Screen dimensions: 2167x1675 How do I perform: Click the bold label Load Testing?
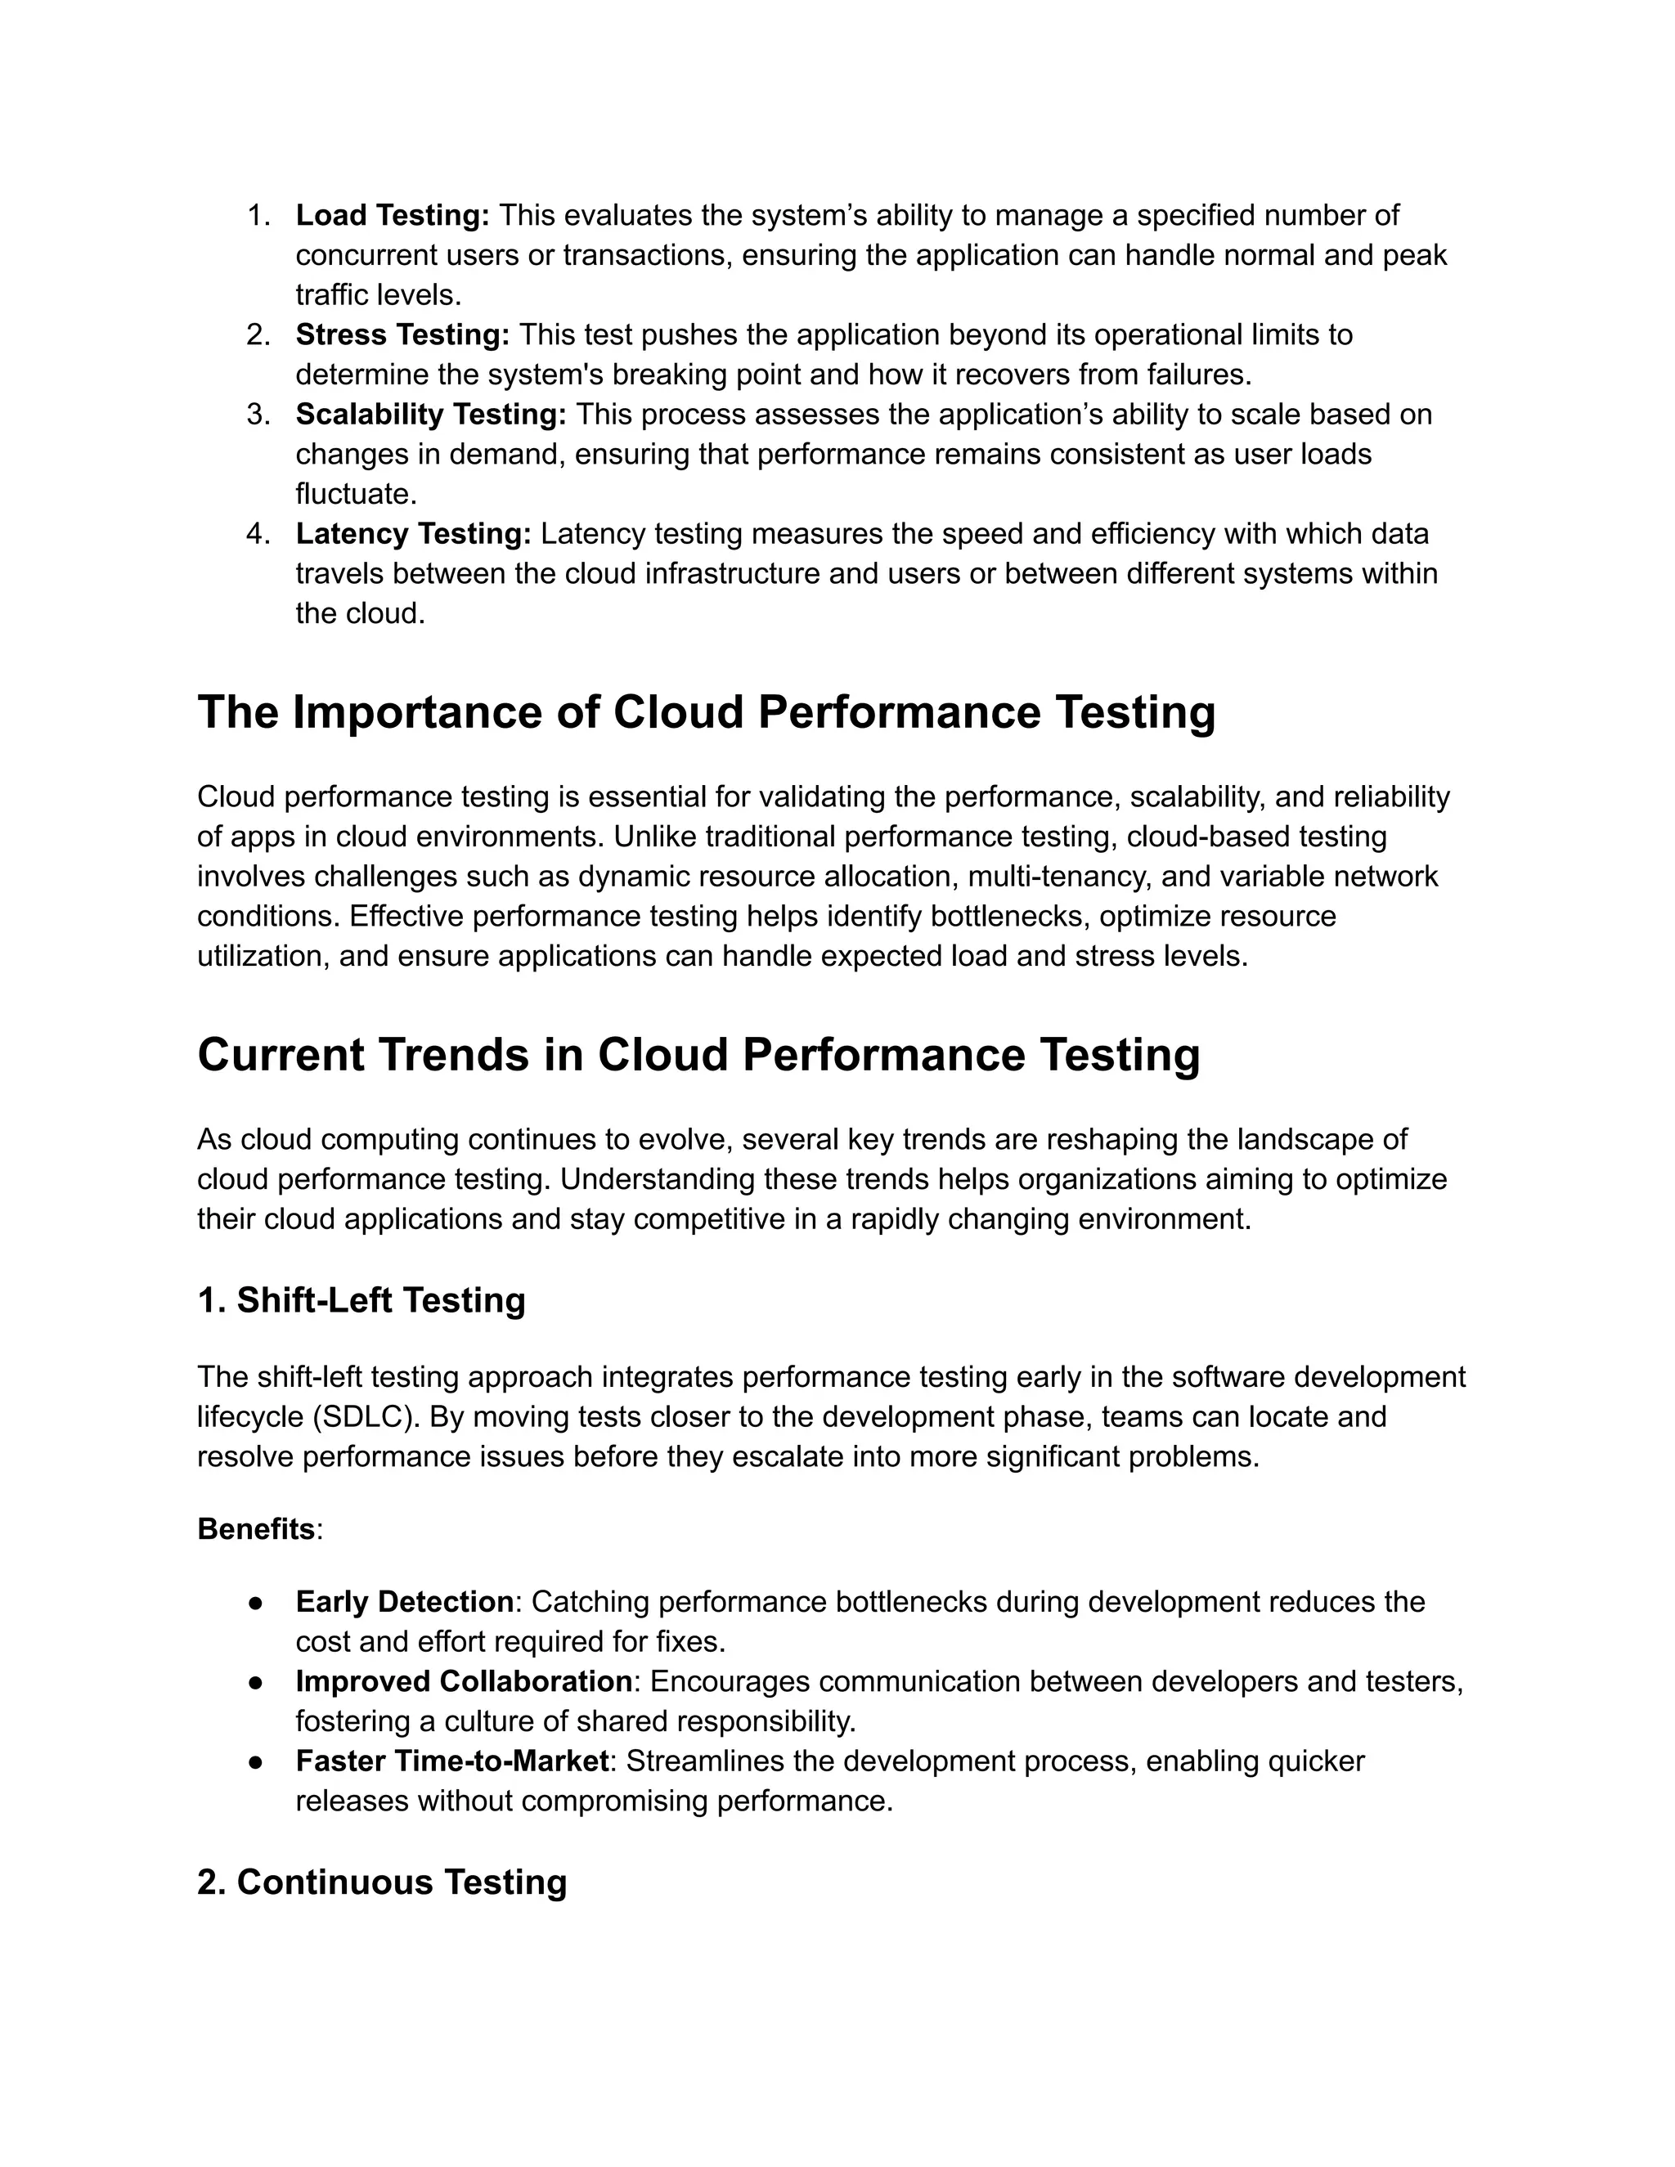point(392,215)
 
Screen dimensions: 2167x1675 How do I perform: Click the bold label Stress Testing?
point(402,334)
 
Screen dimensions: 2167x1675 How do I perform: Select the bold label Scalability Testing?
point(431,414)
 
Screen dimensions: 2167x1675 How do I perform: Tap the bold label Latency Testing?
point(413,534)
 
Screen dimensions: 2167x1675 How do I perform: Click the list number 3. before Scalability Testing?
point(258,414)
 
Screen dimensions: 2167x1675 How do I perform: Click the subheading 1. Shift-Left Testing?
point(361,1300)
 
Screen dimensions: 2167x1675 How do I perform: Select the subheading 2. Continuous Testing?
point(382,1882)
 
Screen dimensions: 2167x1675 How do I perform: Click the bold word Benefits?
point(256,1529)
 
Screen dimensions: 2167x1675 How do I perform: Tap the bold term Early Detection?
point(404,1601)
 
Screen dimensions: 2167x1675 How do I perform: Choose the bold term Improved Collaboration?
point(464,1680)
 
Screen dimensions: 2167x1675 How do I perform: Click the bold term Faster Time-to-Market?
point(451,1761)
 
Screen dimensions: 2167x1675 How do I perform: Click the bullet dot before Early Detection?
point(256,1603)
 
